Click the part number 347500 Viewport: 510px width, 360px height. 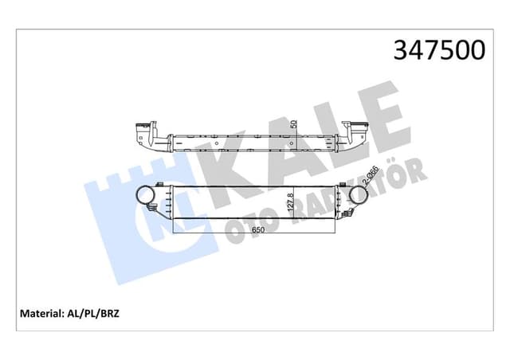pos(437,50)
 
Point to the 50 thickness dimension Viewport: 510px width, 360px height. pos(293,126)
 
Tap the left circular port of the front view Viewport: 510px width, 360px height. pos(145,195)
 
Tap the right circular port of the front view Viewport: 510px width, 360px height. pos(351,197)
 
